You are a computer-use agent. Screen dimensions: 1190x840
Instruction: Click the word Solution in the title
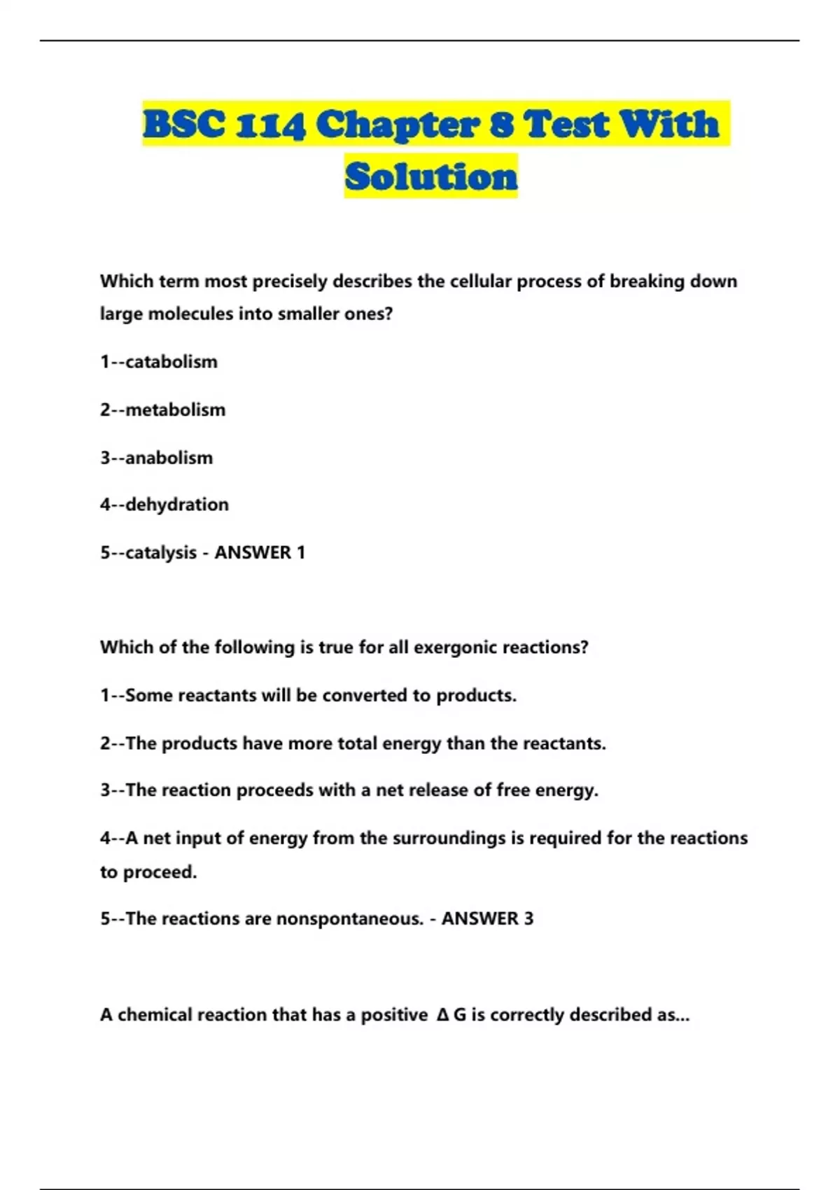431,176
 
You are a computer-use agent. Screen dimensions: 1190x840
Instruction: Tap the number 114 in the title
270,125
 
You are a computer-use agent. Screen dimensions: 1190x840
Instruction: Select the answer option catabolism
171,362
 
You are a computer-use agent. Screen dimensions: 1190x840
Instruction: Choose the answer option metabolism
175,409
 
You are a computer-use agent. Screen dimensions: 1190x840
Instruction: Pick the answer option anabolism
169,458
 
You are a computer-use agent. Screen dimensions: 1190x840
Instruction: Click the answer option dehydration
177,505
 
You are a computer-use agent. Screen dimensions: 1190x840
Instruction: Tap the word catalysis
161,553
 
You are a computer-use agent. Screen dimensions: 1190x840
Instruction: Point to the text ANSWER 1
260,553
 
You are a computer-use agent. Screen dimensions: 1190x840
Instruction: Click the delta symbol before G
442,1015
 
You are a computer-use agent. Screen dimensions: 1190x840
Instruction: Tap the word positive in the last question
394,1015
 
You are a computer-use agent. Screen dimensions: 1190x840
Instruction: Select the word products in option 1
476,696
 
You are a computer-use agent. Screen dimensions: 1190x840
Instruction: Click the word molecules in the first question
190,314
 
